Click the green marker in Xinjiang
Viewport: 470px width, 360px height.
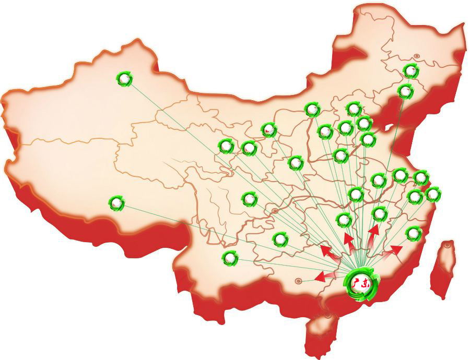click(124, 79)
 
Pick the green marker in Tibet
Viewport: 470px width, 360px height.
click(116, 203)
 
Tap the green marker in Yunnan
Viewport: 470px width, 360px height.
click(229, 258)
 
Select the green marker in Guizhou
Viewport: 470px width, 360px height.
click(280, 239)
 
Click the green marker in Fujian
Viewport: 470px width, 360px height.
click(413, 233)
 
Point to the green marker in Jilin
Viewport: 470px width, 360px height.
click(411, 71)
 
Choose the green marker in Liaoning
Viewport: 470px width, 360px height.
click(405, 91)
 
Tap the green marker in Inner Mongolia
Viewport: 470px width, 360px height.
click(312, 110)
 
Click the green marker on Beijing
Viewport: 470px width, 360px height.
click(354, 109)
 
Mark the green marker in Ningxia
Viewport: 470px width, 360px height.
click(269, 129)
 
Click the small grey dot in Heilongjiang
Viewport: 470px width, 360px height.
click(417, 56)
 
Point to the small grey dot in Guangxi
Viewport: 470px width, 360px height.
click(298, 281)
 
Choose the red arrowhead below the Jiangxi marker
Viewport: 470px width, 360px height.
click(374, 231)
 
